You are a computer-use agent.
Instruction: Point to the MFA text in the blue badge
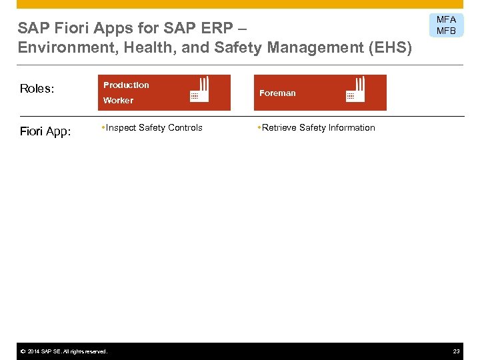point(446,20)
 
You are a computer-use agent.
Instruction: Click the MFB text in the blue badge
point(446,31)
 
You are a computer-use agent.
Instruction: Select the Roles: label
point(37,89)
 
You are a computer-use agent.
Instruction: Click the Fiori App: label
point(45,131)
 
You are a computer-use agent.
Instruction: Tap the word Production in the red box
point(126,85)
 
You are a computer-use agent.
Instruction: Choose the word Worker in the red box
point(118,101)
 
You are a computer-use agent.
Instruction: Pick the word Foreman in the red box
point(277,93)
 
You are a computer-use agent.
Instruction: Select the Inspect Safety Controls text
point(154,128)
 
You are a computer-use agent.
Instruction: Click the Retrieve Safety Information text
point(318,128)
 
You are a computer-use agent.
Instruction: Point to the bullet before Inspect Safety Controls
point(103,127)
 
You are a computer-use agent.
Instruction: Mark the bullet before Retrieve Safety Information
point(259,127)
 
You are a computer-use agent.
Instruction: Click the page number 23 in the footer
point(456,351)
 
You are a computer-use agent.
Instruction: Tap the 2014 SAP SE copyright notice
point(63,351)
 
